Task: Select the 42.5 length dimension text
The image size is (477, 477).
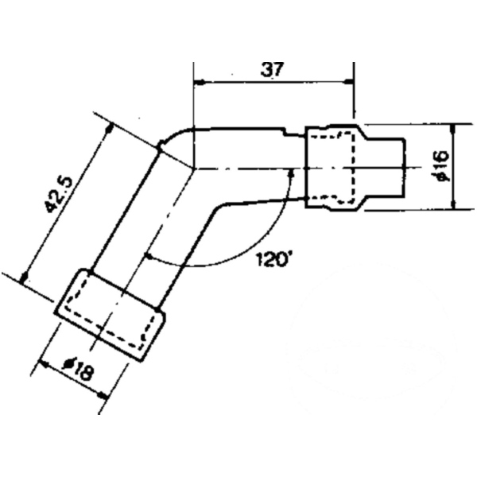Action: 64,194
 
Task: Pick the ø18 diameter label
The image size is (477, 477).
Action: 79,367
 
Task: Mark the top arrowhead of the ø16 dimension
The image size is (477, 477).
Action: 454,130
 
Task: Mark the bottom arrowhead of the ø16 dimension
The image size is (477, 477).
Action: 454,204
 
